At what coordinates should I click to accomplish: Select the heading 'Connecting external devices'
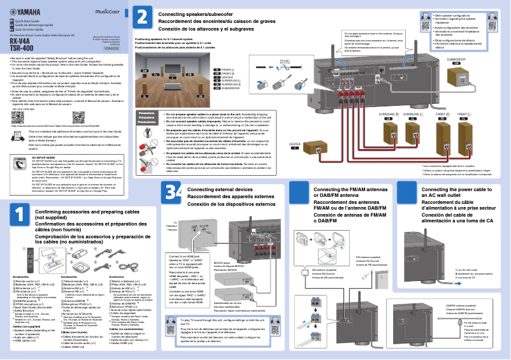coord(220,189)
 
